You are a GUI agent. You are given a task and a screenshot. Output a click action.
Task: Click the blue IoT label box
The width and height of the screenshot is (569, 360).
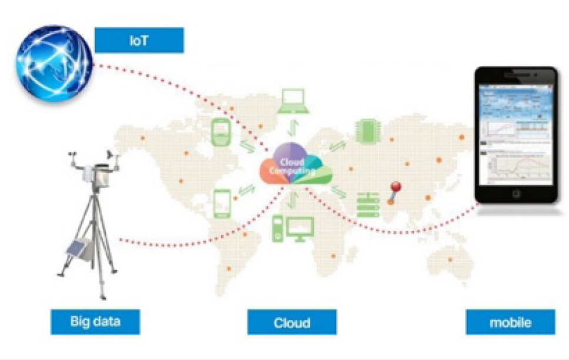tap(139, 41)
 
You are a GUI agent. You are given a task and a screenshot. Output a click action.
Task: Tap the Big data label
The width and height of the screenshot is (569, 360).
tap(95, 322)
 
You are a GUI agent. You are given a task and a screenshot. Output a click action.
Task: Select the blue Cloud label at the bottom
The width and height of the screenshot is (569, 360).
tap(292, 323)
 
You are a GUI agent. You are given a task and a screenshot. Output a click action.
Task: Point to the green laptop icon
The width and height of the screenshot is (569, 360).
tap(293, 101)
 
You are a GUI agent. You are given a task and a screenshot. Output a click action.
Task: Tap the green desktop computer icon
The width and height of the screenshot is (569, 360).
tap(293, 229)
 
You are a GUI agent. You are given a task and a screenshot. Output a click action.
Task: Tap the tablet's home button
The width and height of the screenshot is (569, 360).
tap(516, 194)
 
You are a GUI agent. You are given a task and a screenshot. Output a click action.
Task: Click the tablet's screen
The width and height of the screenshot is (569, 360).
tap(516, 135)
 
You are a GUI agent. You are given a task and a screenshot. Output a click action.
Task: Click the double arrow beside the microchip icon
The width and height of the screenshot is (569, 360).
tap(337, 146)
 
